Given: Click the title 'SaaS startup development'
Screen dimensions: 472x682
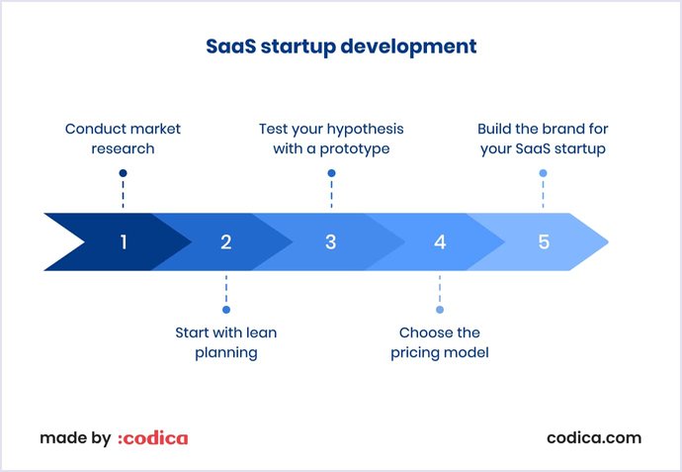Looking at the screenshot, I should [x=341, y=47].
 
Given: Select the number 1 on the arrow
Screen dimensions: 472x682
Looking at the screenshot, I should [x=124, y=241].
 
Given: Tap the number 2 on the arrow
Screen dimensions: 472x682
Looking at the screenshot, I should [x=226, y=241].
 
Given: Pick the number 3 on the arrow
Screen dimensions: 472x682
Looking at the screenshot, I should [x=331, y=241].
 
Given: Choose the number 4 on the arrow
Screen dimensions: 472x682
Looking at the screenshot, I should [x=440, y=241].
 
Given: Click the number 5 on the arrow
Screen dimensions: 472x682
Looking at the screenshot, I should [x=544, y=241].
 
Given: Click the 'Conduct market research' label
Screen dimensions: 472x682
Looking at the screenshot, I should [x=123, y=139].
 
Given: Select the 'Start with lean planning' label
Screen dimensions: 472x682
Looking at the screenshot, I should [x=226, y=342].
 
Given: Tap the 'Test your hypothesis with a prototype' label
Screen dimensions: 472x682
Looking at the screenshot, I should [x=331, y=139].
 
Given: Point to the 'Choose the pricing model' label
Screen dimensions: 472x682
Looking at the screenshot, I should [x=440, y=342].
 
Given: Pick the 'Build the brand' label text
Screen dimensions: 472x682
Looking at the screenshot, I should [x=542, y=139].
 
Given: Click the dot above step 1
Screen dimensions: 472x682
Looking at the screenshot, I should [x=123, y=173].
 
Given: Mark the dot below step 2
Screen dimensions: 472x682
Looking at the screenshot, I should [x=226, y=309].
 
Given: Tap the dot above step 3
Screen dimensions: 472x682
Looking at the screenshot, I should [x=331, y=173].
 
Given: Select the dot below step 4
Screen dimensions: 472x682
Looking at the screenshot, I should [x=440, y=309].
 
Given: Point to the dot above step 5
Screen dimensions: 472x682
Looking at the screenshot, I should [x=543, y=173].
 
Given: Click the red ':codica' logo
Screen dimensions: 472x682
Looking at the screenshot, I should [x=152, y=438].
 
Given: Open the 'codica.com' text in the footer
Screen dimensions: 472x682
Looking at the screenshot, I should [x=593, y=437].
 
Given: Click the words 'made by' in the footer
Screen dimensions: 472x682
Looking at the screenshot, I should [x=75, y=438].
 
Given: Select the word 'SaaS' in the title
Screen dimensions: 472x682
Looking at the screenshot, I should [x=230, y=47].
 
